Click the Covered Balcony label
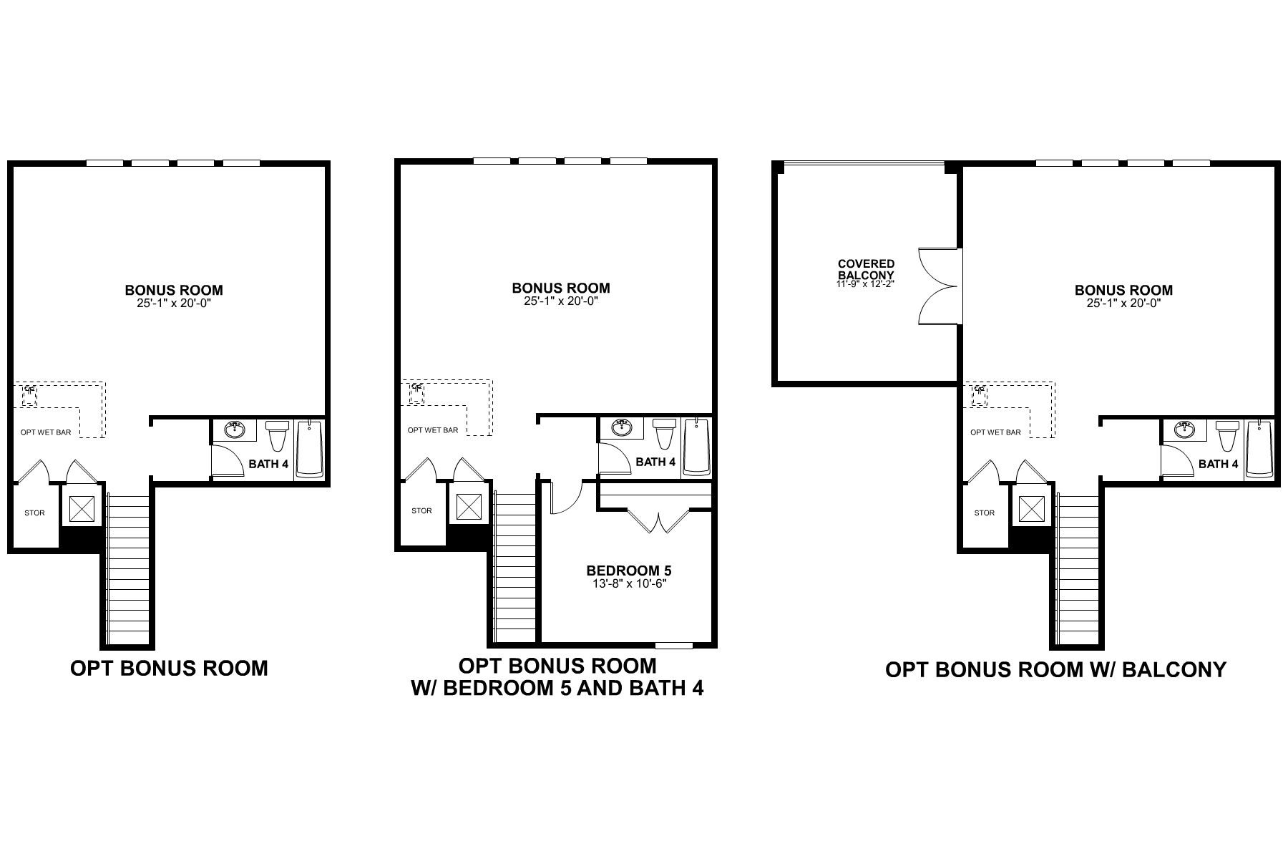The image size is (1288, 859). coord(866,269)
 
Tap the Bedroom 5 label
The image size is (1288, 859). coord(628,571)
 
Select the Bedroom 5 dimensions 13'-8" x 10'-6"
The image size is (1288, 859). coord(628,583)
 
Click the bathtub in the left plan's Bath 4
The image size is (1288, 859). coord(309,449)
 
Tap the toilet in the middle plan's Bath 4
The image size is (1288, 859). coord(664,434)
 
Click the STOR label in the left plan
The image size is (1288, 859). coord(34,513)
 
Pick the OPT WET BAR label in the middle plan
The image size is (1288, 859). coord(432,430)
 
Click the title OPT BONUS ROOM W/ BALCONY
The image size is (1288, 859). coord(1055,669)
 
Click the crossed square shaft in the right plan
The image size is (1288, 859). coord(1032,509)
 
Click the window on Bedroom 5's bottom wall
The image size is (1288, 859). coord(674,645)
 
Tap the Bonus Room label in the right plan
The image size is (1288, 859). coord(1123,290)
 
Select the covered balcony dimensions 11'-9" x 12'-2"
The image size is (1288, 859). coord(866,284)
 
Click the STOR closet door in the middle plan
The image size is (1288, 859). coord(419,470)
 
